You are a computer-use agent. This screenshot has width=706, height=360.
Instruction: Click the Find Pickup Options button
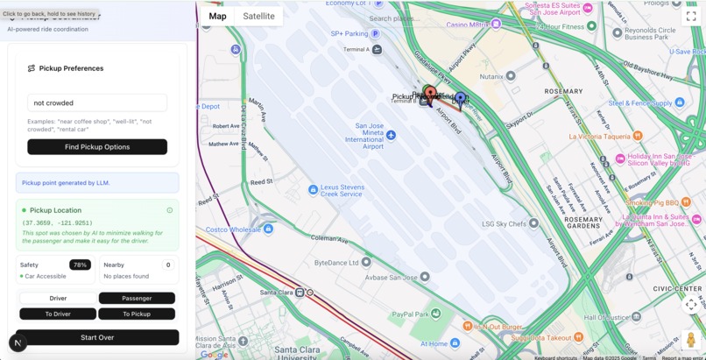[x=97, y=147]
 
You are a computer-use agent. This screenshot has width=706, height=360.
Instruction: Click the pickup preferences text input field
[x=97, y=103]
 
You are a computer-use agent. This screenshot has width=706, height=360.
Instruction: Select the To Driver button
[x=58, y=314]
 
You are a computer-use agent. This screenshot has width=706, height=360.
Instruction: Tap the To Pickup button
[x=137, y=314]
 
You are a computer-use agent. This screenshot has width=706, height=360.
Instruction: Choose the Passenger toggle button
[x=137, y=298]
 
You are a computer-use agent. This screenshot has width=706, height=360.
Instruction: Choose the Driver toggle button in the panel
[x=58, y=298]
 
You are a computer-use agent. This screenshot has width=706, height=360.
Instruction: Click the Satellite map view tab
[x=258, y=16]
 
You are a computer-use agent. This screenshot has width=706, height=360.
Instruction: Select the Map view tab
[x=217, y=16]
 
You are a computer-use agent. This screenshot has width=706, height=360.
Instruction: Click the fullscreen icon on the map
[x=690, y=17]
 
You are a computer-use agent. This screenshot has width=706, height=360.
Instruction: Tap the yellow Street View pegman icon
[x=690, y=340]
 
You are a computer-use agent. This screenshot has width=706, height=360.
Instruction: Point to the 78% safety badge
[x=80, y=265]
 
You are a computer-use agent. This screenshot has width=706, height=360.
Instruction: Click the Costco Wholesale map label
[x=233, y=229]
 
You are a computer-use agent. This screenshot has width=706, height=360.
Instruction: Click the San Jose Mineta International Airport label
[x=365, y=136]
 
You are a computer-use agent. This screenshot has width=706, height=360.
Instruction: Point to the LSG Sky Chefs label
[x=504, y=223]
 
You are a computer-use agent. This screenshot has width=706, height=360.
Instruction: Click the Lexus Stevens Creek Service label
[x=342, y=189]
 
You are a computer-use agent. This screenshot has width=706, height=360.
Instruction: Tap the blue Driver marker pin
[x=460, y=99]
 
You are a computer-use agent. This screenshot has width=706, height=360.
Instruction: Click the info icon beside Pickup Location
[x=170, y=210]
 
